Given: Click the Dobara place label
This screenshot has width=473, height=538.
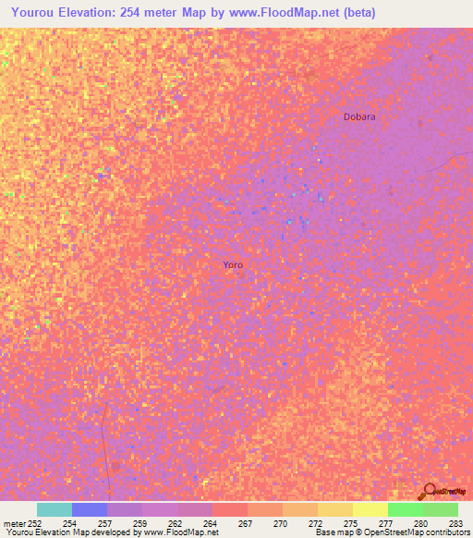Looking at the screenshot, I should [x=359, y=117].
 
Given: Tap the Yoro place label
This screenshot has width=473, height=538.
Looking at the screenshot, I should [x=233, y=265].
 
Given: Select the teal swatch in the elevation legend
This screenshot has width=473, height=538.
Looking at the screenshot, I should [x=55, y=509].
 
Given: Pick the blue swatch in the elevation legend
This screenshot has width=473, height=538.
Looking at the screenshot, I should [x=90, y=509].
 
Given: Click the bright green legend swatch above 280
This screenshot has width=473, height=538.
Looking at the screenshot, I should [x=406, y=509].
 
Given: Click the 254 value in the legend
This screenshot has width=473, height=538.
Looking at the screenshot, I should [x=69, y=523].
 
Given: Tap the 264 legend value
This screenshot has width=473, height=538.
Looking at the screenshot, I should [x=210, y=523].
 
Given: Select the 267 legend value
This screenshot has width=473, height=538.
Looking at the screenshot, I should [x=245, y=523].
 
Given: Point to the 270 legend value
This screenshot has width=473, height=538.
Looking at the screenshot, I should [x=280, y=523].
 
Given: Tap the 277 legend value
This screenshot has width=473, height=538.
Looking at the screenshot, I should [x=385, y=523].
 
